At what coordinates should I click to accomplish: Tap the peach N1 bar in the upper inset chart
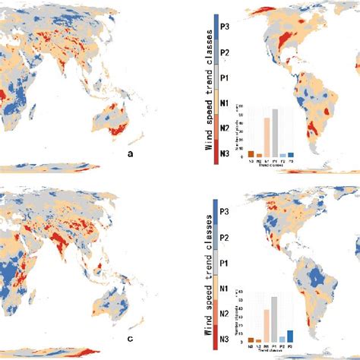pos(267,137)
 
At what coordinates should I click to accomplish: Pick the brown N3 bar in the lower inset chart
pos(251,339)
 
